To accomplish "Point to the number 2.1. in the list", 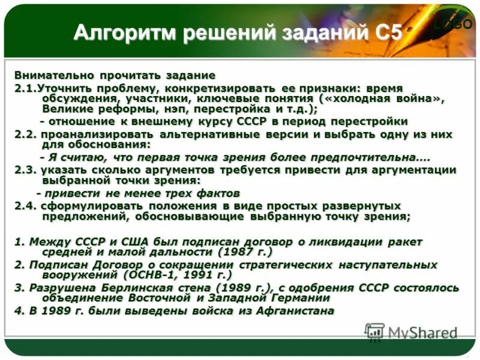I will point(26,87).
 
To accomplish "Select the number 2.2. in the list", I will point(26,134).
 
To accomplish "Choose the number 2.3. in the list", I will point(26,169).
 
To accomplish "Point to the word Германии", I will point(300,298).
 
